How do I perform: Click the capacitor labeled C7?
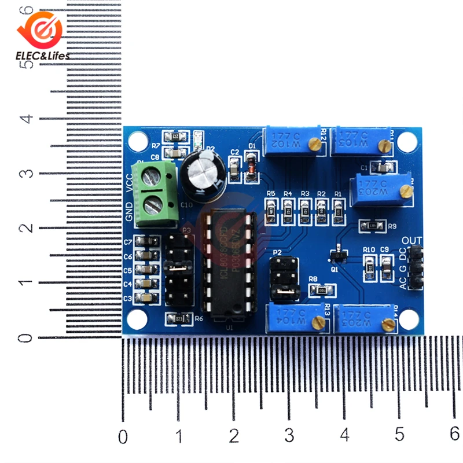pos(149,241)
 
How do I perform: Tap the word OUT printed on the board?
pos(412,240)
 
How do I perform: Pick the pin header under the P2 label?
pos(285,278)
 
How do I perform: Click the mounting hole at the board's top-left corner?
pos(138,139)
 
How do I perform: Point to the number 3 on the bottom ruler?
pos(289,435)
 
